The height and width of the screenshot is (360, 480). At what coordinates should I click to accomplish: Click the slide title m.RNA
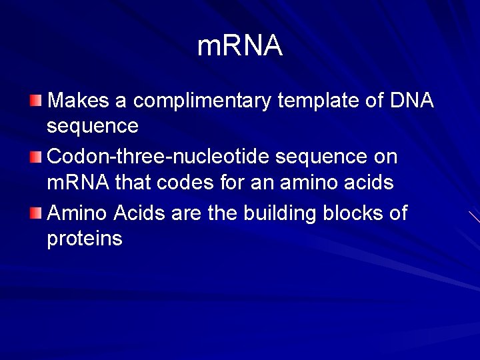click(240, 46)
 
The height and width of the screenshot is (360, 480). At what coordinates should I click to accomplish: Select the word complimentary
click(202, 101)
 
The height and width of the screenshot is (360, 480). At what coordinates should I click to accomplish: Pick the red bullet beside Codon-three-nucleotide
click(35, 158)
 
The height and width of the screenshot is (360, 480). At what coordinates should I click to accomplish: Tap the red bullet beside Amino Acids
click(35, 214)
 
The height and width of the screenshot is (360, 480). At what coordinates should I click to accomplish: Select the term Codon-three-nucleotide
click(158, 157)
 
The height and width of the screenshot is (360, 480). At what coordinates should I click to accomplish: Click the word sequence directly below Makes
click(93, 125)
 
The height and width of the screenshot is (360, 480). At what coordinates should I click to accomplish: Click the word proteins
click(85, 238)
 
